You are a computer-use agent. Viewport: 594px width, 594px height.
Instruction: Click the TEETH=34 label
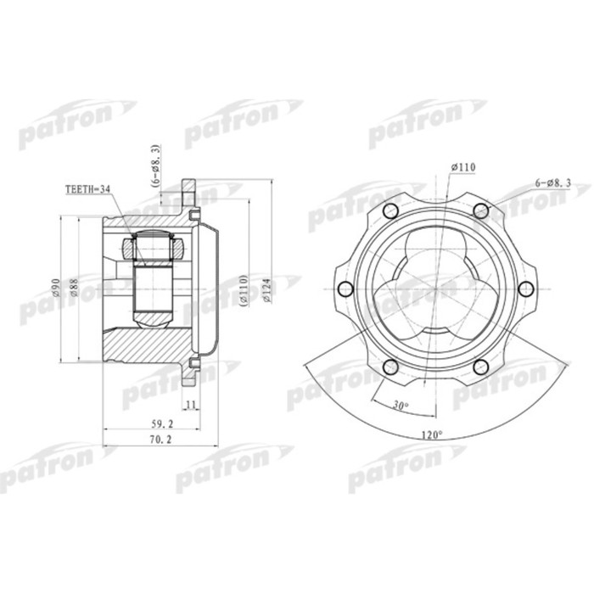pyautogui.click(x=87, y=191)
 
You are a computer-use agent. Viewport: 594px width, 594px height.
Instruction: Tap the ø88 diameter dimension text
pyautogui.click(x=75, y=288)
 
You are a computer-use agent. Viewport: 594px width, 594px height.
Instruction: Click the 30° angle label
pyautogui.click(x=401, y=405)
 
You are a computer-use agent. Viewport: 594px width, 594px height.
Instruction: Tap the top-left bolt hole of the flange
pyautogui.click(x=391, y=211)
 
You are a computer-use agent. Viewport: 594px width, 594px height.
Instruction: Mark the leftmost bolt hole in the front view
pyautogui.click(x=346, y=289)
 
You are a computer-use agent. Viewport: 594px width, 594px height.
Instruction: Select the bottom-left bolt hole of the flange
pyautogui.click(x=391, y=366)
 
